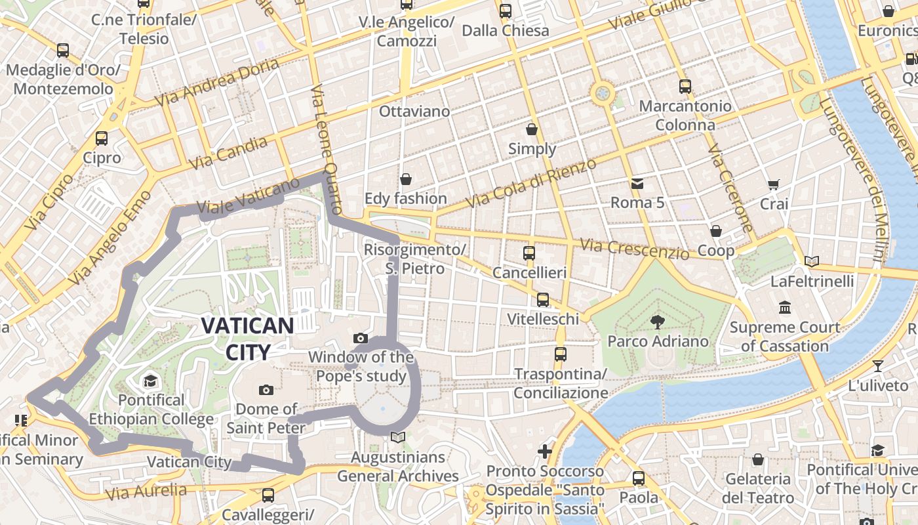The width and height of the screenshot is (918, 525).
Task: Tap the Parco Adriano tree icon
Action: pyautogui.click(x=657, y=322)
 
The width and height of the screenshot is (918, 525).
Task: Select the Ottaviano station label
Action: pyautogui.click(x=414, y=111)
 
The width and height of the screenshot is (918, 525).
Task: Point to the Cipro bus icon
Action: pyautogui.click(x=102, y=138)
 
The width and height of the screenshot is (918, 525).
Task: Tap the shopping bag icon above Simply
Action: pyautogui.click(x=532, y=129)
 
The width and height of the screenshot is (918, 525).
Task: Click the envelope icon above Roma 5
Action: pyautogui.click(x=637, y=183)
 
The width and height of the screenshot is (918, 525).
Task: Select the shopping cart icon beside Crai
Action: pyautogui.click(x=774, y=184)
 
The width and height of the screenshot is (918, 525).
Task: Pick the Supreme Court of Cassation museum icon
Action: pyautogui.click(x=785, y=307)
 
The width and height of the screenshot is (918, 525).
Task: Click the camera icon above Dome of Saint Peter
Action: pyautogui.click(x=266, y=390)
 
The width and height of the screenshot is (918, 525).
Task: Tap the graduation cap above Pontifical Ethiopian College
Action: pyautogui.click(x=151, y=381)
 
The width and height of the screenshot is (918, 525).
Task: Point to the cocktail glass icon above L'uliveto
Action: pyautogui.click(x=878, y=366)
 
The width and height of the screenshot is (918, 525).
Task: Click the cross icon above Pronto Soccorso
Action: pyautogui.click(x=544, y=451)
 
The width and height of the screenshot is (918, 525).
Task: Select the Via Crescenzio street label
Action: pyautogui.click(x=634, y=249)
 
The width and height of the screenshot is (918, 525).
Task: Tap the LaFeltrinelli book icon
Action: pyautogui.click(x=812, y=261)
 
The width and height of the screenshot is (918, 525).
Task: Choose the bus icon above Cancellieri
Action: pyautogui.click(x=529, y=253)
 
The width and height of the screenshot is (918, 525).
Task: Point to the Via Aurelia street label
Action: pyautogui.click(x=146, y=491)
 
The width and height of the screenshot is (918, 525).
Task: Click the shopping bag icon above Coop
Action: pyautogui.click(x=716, y=231)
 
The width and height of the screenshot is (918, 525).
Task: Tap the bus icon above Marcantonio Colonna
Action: pyautogui.click(x=685, y=86)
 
